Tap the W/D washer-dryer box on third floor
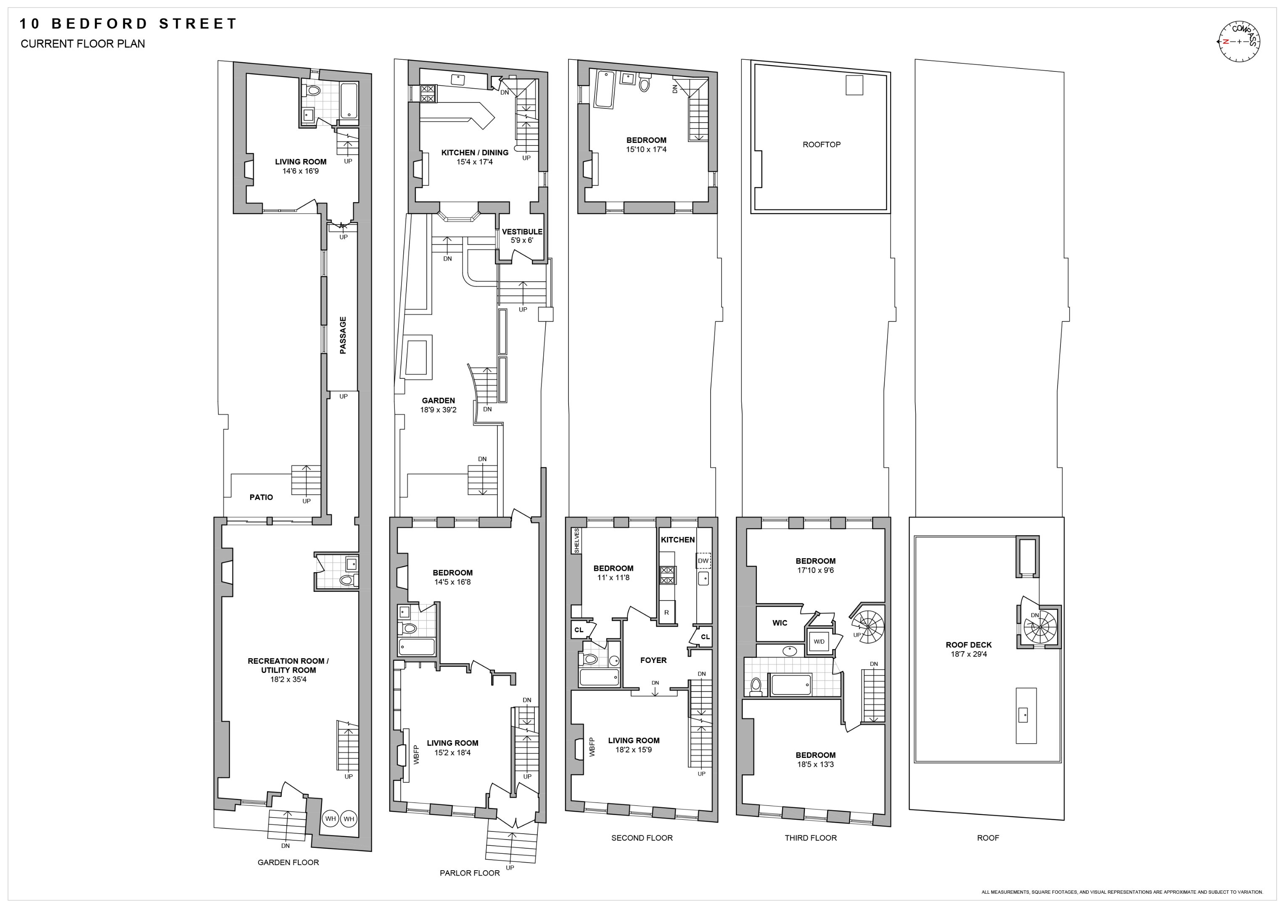pos(819,642)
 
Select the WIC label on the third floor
pos(780,623)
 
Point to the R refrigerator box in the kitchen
pos(666,612)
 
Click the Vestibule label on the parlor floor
pos(522,232)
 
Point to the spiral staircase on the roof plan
pos(1039,627)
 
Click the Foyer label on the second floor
pos(653,660)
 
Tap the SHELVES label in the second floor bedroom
pos(576,541)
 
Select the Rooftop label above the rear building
pos(821,144)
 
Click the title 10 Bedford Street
pos(128,24)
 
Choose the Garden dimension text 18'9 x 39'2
pos(438,409)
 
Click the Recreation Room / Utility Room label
pos(288,665)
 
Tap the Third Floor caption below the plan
pos(810,837)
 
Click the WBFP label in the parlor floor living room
pos(416,755)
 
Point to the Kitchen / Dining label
pos(475,152)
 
